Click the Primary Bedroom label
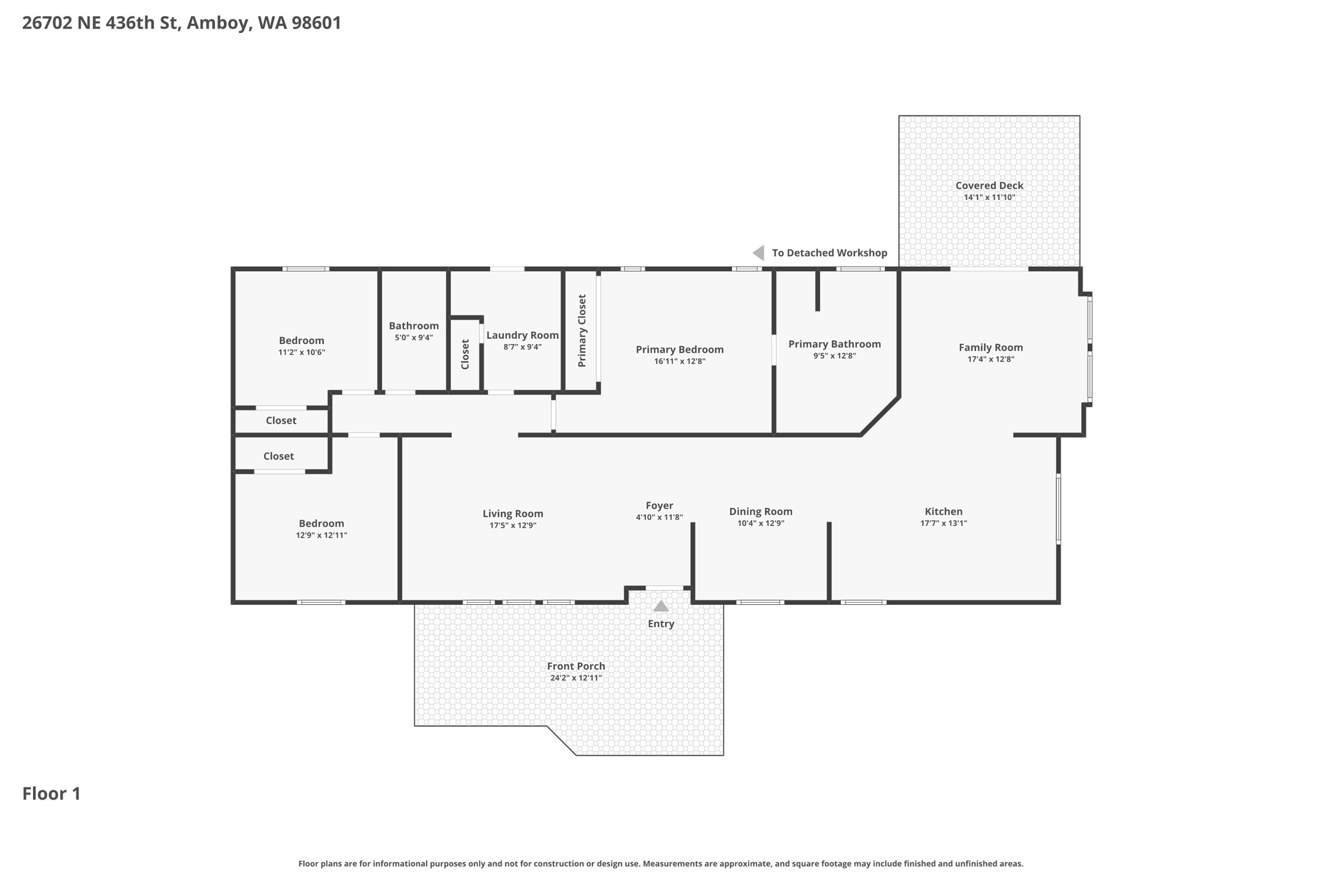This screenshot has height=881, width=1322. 679,349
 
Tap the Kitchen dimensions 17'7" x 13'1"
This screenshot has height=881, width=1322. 943,523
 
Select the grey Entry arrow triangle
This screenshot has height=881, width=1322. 660,606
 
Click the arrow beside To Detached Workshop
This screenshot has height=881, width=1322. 759,253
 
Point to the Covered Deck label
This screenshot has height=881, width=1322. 989,185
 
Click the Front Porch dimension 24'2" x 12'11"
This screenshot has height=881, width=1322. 576,678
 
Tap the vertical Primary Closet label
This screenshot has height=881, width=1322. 582,330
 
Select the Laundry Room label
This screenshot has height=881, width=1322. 522,335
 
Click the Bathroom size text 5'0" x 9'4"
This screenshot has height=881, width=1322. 414,338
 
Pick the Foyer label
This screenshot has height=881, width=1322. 659,505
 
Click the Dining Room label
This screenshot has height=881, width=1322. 760,511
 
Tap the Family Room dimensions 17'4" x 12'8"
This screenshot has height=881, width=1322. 990,359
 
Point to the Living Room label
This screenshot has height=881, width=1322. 513,513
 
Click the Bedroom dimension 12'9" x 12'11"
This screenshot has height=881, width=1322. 321,535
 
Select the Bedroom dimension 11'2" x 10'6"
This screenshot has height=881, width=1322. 301,352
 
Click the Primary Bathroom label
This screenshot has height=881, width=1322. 834,344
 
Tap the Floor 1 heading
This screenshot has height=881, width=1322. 52,793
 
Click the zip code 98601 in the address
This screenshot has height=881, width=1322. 316,23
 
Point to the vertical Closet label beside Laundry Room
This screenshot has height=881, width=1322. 465,354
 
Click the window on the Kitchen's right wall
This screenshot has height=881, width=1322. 1058,508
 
